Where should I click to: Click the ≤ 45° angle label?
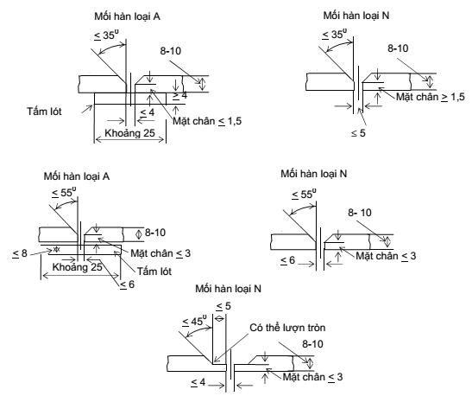pos(195,321)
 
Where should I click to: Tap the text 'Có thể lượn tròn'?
pos(287,328)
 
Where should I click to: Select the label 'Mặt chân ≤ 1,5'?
pos(207,121)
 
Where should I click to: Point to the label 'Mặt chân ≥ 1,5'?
pos(431,97)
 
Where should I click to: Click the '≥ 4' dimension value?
pos(179,96)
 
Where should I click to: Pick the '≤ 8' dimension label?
pos(20,253)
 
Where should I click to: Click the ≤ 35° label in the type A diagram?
pos(105,35)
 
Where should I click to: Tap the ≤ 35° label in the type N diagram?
pos(334,34)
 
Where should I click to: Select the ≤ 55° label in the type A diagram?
pos(64,193)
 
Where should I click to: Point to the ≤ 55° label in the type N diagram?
pos(304,194)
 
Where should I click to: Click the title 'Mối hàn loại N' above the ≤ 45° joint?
pos(228,289)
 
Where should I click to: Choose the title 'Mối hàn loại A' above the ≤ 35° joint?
pos(127,16)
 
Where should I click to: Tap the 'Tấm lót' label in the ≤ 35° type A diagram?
pos(44,112)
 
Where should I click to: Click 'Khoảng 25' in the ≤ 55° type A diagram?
pos(78,267)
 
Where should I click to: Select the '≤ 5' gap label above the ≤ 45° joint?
pos(223,306)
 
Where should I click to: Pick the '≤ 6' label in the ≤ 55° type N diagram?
pos(287,260)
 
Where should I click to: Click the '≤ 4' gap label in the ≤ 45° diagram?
pos(198,382)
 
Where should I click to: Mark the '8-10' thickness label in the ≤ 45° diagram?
pos(312,344)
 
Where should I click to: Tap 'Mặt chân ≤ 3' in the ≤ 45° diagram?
pos(312,377)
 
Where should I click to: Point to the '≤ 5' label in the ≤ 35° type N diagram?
pos(358,133)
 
